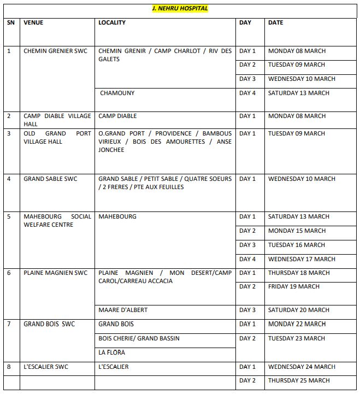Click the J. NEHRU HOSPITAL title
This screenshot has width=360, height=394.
180,9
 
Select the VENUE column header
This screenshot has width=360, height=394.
33,23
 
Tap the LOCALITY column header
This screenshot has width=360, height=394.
112,23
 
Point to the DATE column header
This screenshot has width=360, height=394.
275,23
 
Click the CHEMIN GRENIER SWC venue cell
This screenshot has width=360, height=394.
55,51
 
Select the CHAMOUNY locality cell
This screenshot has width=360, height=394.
117,93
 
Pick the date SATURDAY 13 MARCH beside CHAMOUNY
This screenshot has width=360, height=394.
298,93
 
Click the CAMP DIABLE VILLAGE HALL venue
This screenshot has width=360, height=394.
57,120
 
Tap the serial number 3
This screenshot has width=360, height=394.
9,133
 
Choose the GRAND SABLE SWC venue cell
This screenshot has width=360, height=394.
50,179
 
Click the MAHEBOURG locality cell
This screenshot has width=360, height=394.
117,217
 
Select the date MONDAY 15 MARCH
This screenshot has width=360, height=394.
297,231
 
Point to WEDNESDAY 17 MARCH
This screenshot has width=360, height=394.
302,259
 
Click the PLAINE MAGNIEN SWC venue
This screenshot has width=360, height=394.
55,273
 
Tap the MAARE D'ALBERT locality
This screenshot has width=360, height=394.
123,310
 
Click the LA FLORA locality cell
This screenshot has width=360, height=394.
111,353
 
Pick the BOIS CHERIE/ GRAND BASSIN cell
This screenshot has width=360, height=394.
139,339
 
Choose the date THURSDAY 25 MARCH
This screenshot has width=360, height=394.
298,381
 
